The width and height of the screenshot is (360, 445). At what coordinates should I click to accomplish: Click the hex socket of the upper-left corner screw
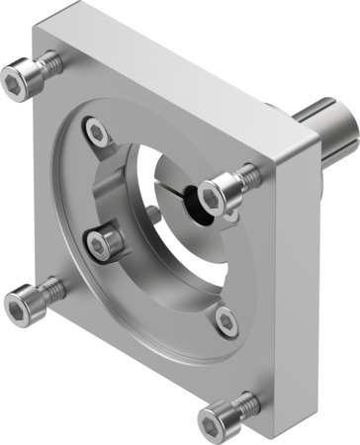click(x=19, y=75)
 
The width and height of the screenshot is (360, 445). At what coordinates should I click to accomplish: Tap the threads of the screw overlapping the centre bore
click(x=246, y=176)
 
